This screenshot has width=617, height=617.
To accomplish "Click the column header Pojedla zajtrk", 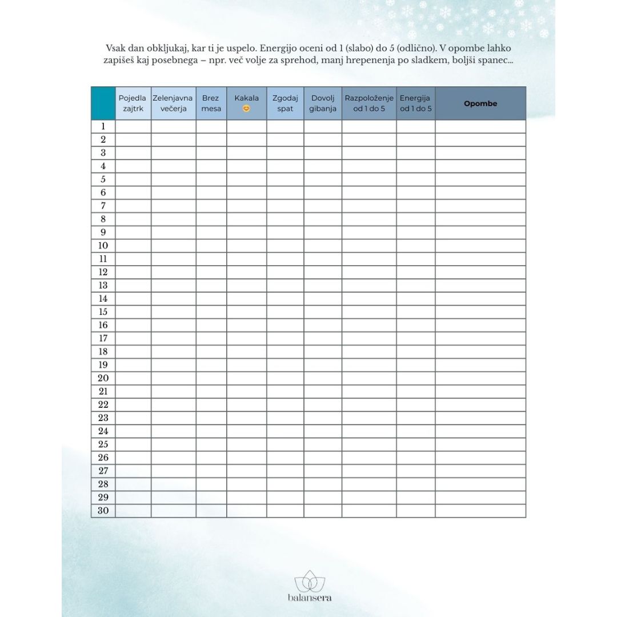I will (x=133, y=103).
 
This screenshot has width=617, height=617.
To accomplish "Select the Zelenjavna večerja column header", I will (x=173, y=103).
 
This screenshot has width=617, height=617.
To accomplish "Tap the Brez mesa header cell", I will (x=211, y=103).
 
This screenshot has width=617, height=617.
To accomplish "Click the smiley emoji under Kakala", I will (x=246, y=109).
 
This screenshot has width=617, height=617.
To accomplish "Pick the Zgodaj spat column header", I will (x=285, y=103).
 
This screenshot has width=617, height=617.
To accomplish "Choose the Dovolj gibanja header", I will (x=323, y=103).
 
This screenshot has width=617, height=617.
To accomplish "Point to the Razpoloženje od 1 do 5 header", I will (x=369, y=103).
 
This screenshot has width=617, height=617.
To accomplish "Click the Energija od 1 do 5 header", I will (x=415, y=103).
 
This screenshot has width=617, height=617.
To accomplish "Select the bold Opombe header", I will (x=480, y=103).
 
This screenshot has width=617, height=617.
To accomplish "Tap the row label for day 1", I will (x=103, y=126).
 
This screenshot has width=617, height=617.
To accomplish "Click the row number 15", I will (x=103, y=312).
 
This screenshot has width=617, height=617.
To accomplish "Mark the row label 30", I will (x=103, y=511).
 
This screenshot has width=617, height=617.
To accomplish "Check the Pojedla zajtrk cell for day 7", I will (x=133, y=206).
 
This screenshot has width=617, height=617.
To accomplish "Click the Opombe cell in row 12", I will (x=480, y=272).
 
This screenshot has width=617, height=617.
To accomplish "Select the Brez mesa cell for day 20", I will (x=211, y=378).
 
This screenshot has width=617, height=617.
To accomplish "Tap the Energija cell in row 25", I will (x=415, y=444).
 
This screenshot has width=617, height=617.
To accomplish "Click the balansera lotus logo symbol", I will (x=309, y=582).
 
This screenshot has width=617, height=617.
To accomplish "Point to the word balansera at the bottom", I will (x=309, y=598).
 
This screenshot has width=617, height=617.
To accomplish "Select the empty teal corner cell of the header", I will (x=103, y=103).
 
